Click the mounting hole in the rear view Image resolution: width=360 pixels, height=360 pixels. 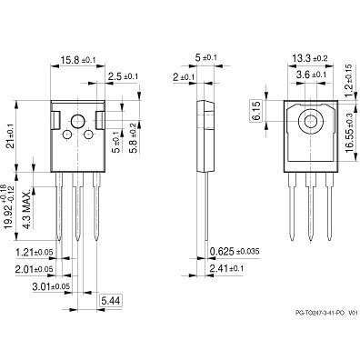pyautogui.click(x=312, y=119)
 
